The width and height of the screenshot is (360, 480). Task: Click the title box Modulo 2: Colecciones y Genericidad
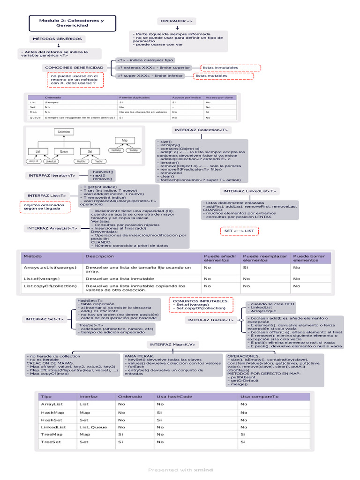pyautogui.click(x=72, y=23)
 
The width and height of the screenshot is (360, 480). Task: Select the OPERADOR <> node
pyautogui.click(x=176, y=22)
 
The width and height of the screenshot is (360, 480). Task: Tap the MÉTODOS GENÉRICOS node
pyautogui.click(x=57, y=39)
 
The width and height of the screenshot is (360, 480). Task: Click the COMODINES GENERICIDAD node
pyautogui.click(x=74, y=67)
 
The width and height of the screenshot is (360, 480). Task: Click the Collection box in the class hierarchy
pyautogui.click(x=64, y=132)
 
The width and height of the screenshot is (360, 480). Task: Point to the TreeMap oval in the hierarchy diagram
pyautogui.click(x=133, y=150)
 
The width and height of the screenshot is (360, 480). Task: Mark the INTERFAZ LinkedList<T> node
pyautogui.click(x=250, y=191)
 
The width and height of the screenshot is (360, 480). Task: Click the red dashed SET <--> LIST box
pyautogui.click(x=239, y=231)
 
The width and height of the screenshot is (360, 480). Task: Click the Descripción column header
pyautogui.click(x=100, y=256)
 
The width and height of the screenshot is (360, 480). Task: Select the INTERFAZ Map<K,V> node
pyautogui.click(x=172, y=345)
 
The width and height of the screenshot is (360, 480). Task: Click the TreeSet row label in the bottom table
pyautogui.click(x=51, y=442)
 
